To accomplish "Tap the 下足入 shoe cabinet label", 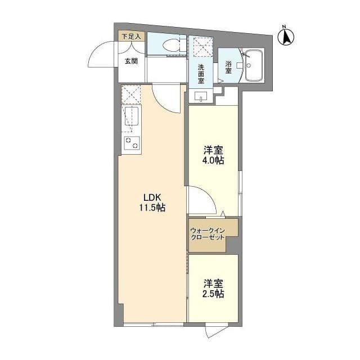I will click(x=132, y=37).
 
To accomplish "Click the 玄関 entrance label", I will click(x=131, y=61).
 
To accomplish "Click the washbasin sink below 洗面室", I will click(x=201, y=96).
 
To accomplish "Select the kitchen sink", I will click(x=132, y=117).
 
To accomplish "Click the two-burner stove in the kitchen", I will click(x=132, y=143).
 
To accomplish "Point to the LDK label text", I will click(x=152, y=197).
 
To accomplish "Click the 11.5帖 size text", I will click(x=152, y=208).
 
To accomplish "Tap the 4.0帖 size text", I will click(x=213, y=160).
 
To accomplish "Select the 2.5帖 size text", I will click(x=213, y=294).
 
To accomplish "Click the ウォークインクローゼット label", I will click(x=208, y=234).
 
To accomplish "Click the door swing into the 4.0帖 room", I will click(x=201, y=201).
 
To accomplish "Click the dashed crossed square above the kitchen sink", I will click(x=131, y=94).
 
